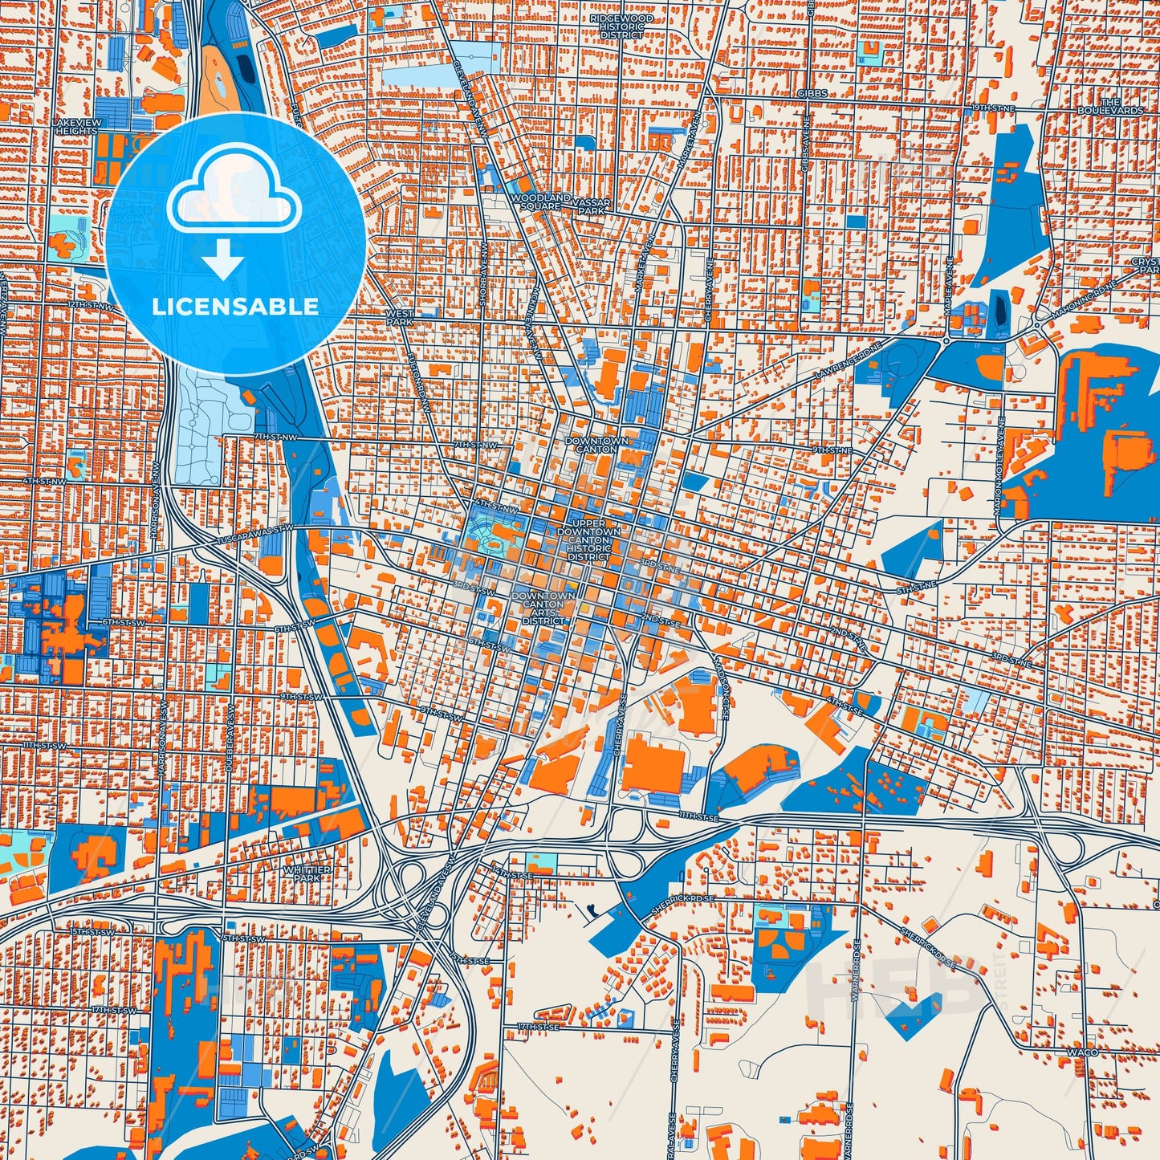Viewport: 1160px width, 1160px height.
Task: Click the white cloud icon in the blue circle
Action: click(234, 195)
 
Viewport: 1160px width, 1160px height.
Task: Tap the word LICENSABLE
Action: click(235, 307)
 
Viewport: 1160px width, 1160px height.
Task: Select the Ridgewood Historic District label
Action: click(621, 26)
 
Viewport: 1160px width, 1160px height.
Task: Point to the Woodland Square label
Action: click(540, 201)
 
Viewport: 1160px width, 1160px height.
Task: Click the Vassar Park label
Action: click(594, 206)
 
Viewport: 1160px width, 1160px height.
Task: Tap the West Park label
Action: click(400, 318)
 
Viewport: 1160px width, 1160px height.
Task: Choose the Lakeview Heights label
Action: click(75, 126)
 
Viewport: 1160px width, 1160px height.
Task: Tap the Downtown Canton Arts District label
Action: click(543, 608)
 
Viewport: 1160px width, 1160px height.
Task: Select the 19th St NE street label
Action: click(993, 107)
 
